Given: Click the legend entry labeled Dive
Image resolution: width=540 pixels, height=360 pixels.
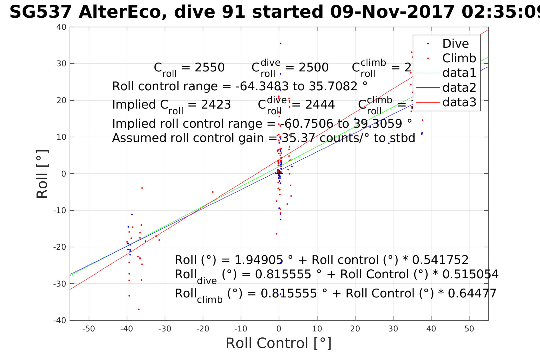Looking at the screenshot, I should [x=455, y=44].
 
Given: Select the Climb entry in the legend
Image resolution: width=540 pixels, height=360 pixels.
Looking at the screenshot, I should [x=459, y=58].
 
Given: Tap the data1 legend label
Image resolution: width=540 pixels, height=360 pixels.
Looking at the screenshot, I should [x=459, y=73].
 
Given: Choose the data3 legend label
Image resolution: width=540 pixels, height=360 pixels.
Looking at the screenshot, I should [x=459, y=102].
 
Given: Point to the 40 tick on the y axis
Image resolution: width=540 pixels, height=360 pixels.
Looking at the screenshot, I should [x=61, y=27].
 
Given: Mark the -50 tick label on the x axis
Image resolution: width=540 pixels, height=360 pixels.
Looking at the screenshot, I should [x=89, y=329].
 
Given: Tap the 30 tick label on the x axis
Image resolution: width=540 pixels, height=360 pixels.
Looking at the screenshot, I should [x=393, y=329].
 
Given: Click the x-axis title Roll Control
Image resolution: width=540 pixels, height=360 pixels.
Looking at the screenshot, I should [x=279, y=343].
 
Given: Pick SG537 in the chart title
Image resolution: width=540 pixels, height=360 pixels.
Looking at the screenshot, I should [x=40, y=12].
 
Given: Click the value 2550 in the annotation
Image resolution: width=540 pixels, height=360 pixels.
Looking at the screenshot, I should [x=209, y=68].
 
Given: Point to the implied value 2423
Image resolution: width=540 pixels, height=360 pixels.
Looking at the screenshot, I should [x=216, y=105].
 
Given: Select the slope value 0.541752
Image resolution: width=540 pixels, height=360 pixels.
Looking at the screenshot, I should [x=440, y=260].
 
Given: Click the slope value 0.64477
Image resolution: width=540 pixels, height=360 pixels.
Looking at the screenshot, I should [x=472, y=293].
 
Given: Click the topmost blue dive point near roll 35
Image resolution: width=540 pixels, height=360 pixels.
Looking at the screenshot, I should [x=280, y=43].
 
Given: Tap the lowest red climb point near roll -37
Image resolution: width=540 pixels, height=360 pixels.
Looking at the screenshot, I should [x=139, y=309].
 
